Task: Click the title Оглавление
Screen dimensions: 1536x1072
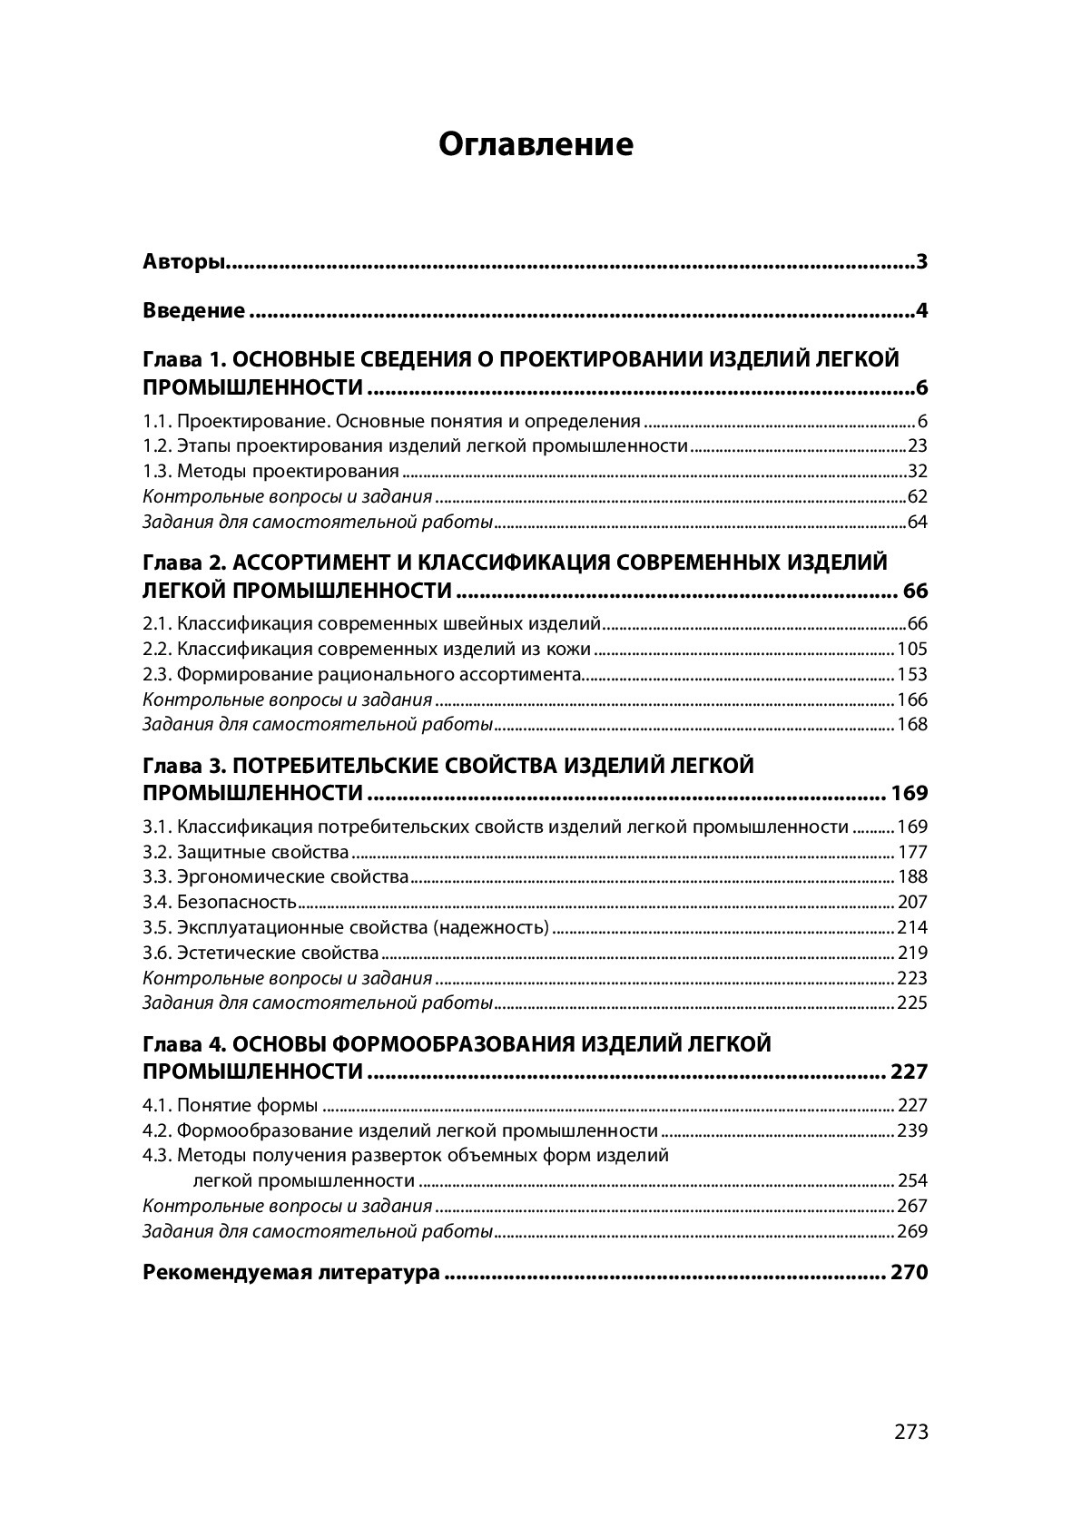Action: pos(536,144)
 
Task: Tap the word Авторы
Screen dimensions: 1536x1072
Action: pos(183,263)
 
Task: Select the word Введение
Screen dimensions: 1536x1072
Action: pos(193,311)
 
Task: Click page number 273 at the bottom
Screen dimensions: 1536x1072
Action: pos(911,1432)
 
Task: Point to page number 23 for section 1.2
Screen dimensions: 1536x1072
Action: pos(917,446)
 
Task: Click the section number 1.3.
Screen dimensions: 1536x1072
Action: pos(157,472)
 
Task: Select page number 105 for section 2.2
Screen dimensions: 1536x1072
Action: pos(912,650)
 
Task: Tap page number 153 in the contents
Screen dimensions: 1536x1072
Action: pos(912,675)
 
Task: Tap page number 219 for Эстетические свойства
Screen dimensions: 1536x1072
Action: pos(912,954)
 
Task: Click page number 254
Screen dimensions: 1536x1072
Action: pos(912,1181)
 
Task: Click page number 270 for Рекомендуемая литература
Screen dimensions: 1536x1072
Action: pos(910,1273)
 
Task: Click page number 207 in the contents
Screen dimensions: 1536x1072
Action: pos(912,903)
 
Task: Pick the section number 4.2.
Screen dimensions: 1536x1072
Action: pos(157,1131)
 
